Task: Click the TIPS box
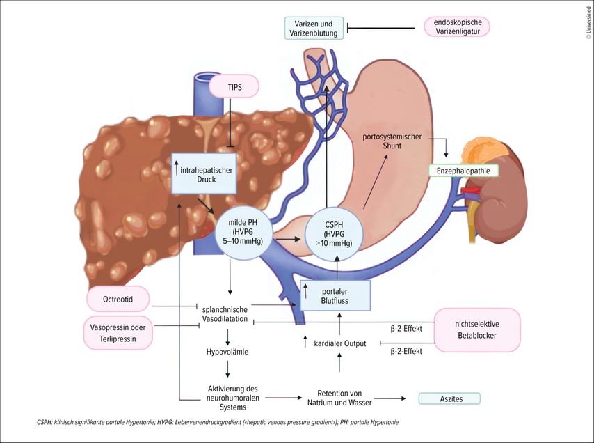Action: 234,87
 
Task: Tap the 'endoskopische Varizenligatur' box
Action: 457,28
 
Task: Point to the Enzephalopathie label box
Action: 459,171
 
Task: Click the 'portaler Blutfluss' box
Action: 335,296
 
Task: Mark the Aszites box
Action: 450,398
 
